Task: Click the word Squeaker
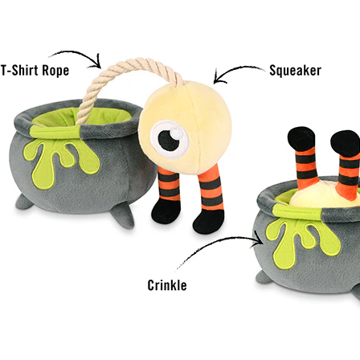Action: (295, 71)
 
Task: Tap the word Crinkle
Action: (167, 285)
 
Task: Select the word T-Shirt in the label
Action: (20, 71)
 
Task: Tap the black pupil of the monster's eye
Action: (168, 141)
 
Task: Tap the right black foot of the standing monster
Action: (208, 221)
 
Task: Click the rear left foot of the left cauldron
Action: (23, 202)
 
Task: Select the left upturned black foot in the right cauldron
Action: (301, 139)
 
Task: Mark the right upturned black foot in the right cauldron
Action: (346, 144)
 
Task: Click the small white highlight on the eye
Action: (176, 133)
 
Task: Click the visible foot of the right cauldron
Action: (264, 277)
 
